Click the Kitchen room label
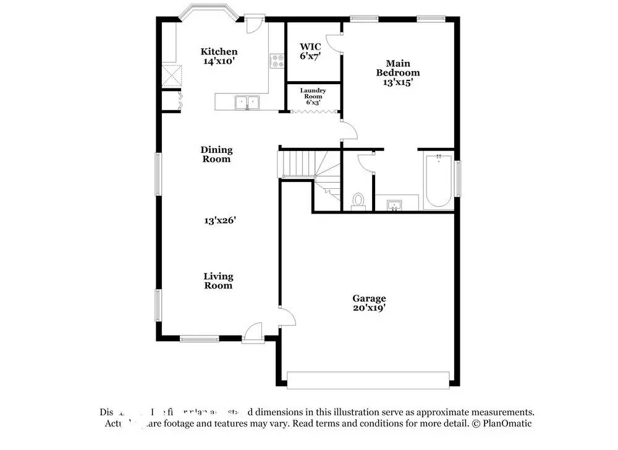pos(219,51)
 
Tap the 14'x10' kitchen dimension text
pos(219,61)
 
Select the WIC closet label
pos(310,46)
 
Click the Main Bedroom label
pos(398,68)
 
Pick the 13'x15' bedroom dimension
pos(398,82)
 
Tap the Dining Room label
pos(216,154)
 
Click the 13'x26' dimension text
pos(221,220)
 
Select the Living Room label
pos(219,281)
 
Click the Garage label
pos(369,298)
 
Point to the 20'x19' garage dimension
pos(369,308)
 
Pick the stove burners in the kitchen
pos(277,61)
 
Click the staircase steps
pos(298,165)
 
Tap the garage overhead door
pos(368,379)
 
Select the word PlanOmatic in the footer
pos(508,424)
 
